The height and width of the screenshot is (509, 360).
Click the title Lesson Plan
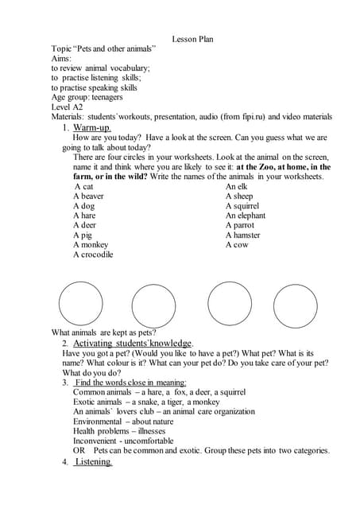pos(192,39)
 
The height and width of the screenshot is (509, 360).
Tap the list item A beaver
pos(88,196)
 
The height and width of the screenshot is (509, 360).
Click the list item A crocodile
pos(93,254)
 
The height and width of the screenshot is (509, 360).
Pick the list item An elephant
pos(246,216)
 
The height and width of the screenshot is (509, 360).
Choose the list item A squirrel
pos(243,205)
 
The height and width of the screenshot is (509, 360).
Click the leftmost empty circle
pos(80,303)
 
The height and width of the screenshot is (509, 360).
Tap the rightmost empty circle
pos(296,305)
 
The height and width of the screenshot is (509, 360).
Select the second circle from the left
pos(153,305)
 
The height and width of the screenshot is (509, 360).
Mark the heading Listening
pos(93,461)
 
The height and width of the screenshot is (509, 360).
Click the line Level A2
pos(67,107)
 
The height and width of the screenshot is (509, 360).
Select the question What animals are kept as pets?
pos(103,332)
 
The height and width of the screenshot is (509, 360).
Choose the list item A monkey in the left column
pos(90,245)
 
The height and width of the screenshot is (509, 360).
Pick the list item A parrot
pos(239,225)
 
